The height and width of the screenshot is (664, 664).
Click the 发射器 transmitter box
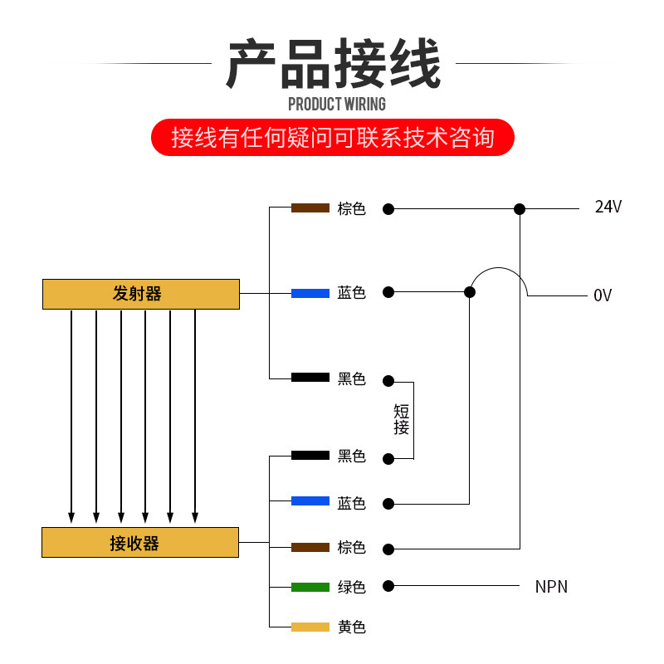coord(140,294)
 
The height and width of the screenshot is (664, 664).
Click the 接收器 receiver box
coord(140,543)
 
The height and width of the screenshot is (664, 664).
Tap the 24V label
coord(608,207)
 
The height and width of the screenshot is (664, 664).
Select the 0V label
coord(603,295)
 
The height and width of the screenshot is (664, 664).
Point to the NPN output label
coord(551,587)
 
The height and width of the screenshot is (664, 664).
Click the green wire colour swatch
coord(310,587)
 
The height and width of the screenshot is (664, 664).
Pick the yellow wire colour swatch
coord(310,627)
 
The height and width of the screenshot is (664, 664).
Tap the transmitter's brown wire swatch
coord(310,207)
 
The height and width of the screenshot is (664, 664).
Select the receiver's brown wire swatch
coord(310,547)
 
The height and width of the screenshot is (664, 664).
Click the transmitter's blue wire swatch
coord(310,293)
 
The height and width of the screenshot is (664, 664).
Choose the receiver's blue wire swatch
coord(310,501)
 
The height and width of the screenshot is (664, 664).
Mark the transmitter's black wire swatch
coord(310,378)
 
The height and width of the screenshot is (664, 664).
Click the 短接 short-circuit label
coord(402,419)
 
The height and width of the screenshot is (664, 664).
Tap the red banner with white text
coord(332,137)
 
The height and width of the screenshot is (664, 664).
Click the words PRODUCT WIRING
coord(336,104)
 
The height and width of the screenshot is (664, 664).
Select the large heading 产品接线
coord(332,64)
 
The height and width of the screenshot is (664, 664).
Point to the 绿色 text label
coord(351,587)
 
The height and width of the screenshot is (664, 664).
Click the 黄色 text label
coord(351,627)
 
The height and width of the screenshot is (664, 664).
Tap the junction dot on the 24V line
coord(520,209)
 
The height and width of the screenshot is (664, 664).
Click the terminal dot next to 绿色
coord(388,587)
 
